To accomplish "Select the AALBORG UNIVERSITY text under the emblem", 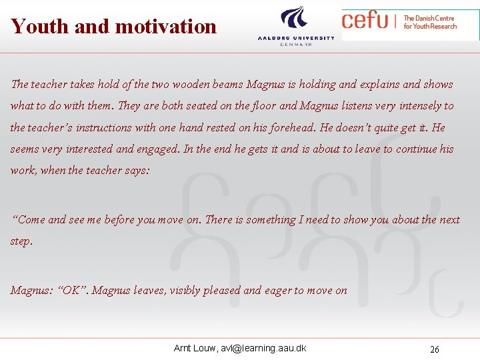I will click(x=296, y=38).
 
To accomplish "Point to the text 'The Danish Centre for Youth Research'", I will click(x=430, y=22).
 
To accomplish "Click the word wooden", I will click(x=190, y=85).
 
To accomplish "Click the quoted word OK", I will click(x=71, y=290).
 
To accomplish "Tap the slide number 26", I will click(x=435, y=349).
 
